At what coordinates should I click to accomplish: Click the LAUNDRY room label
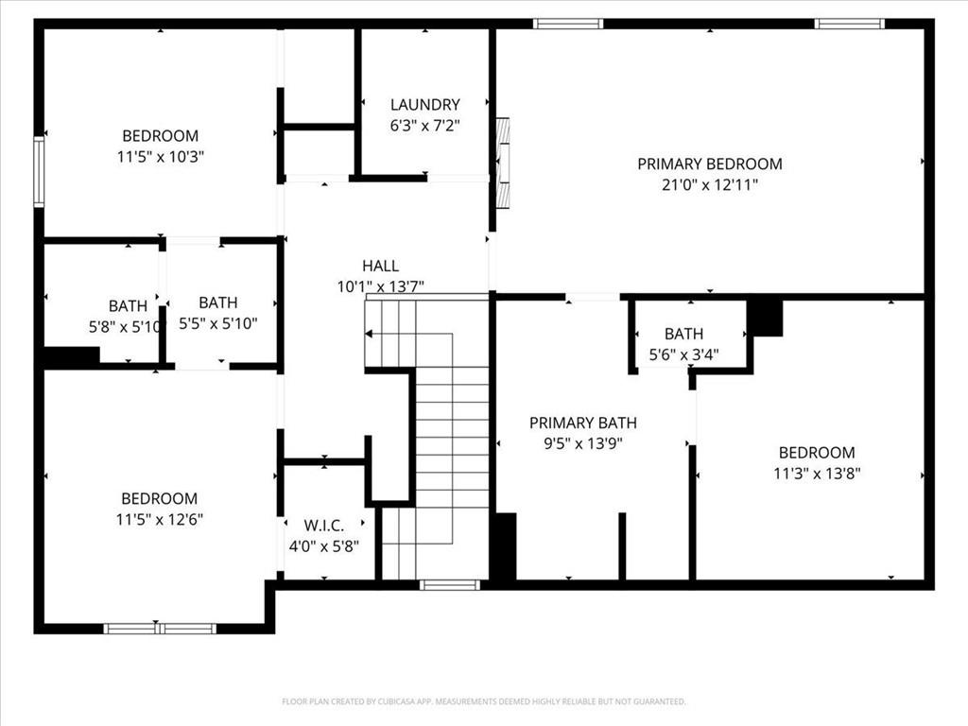424,105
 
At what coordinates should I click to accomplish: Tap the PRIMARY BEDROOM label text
709,164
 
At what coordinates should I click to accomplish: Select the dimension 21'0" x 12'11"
709,185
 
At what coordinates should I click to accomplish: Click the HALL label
380,266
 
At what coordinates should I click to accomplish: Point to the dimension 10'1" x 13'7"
380,286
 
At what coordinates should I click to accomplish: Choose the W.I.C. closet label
324,525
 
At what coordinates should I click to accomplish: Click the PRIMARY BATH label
582,423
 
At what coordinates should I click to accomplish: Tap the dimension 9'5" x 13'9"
582,443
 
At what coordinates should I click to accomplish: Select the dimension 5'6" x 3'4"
683,355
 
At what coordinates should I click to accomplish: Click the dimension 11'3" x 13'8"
817,474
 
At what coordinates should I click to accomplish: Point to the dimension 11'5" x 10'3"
161,157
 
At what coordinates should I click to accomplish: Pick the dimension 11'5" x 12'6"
160,519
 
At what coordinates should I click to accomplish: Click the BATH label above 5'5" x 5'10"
217,302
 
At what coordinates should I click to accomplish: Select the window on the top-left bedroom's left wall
39,171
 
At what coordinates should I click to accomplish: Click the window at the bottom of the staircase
449,585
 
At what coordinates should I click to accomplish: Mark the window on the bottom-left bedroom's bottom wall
160,629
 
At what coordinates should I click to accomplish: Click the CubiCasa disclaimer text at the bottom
483,701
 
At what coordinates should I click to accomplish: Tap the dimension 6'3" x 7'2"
424,126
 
